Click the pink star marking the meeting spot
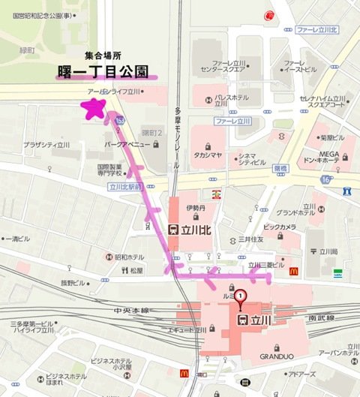(94, 110)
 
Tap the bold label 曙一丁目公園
(106, 71)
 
